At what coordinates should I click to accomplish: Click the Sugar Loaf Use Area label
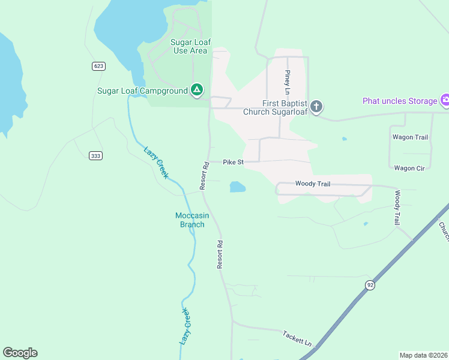tap(189, 46)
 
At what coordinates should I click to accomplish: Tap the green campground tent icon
tap(196, 91)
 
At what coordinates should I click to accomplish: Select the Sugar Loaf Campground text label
tap(142, 91)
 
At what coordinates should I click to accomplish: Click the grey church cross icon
tap(316, 107)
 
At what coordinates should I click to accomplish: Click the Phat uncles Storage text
tap(399, 101)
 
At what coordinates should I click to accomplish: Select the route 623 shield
tap(99, 66)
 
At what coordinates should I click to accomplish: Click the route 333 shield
tap(95, 156)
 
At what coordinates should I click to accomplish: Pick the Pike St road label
tap(233, 162)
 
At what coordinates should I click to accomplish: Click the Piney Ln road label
tap(288, 83)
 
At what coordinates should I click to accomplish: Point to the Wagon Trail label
tap(411, 137)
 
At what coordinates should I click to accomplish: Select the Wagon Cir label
tap(409, 169)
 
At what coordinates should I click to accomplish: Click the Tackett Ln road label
tap(298, 339)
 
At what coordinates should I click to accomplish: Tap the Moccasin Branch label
tap(190, 220)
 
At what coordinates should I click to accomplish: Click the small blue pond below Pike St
tap(238, 187)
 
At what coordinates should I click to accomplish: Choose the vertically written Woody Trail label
tap(397, 208)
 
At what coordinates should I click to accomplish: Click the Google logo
tap(20, 353)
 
